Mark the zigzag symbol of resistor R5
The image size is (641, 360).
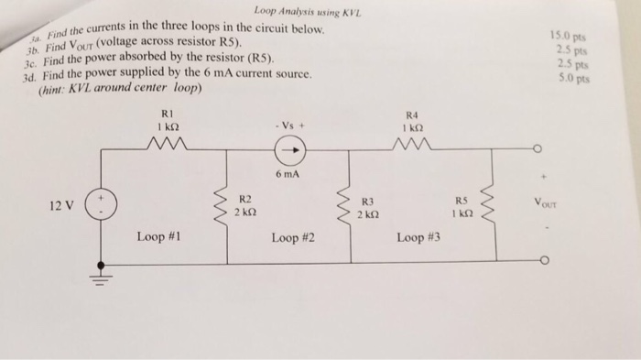pos(495,203)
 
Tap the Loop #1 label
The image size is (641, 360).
pos(158,237)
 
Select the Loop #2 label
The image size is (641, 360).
pos(293,238)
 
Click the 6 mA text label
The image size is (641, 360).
pos(285,172)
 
